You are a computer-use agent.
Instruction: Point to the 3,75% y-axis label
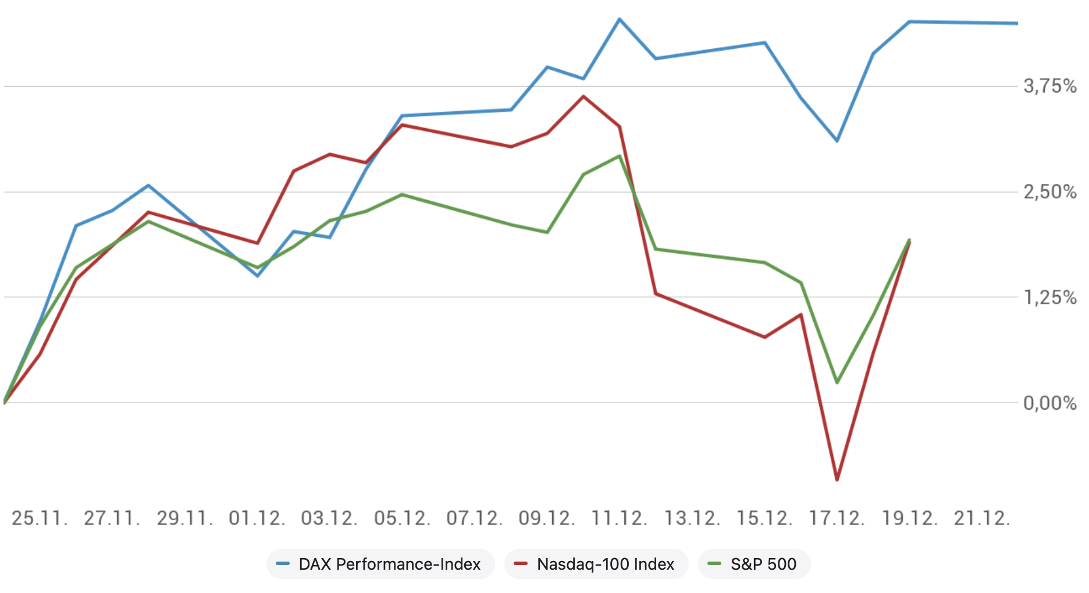[x=1050, y=87]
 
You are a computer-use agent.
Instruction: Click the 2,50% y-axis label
[x=1050, y=192]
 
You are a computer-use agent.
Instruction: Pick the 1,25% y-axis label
[x=1050, y=297]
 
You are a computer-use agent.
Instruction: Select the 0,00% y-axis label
[x=1050, y=403]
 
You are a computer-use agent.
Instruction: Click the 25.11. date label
[x=40, y=518]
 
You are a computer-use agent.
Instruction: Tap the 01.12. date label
[x=257, y=518]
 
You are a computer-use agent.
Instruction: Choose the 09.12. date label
[x=547, y=518]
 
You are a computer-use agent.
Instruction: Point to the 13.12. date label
[x=692, y=518]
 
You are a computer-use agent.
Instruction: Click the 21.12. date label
[x=982, y=518]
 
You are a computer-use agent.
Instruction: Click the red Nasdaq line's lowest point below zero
[x=837, y=480]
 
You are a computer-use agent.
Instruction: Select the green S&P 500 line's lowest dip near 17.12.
[x=837, y=382]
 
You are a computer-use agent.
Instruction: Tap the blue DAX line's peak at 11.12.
[x=620, y=19]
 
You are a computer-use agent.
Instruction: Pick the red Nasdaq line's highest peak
[x=583, y=97]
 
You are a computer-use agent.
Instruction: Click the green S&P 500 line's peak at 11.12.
[x=620, y=156]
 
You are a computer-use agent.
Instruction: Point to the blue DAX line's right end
[x=1016, y=23]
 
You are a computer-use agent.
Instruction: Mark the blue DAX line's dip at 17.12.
[x=837, y=141]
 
